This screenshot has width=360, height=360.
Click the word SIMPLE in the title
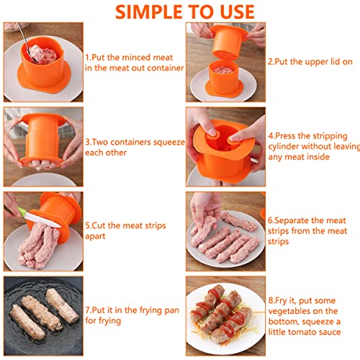(x=149, y=12)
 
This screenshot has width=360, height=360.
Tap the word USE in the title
(x=237, y=12)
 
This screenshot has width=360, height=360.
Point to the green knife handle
(x=21, y=212)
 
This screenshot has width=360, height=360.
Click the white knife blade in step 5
(x=42, y=220)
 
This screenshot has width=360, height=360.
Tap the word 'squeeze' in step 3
(x=169, y=143)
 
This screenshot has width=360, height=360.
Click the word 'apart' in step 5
(x=95, y=236)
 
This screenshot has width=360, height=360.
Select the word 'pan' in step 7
(x=172, y=310)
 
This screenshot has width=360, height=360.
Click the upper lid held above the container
(x=228, y=41)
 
